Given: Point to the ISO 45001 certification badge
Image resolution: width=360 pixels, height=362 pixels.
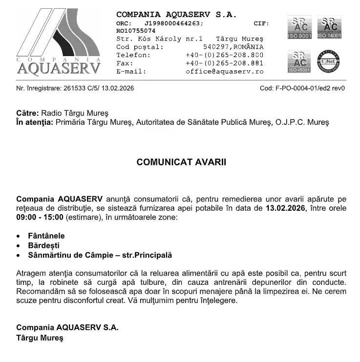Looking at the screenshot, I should coord(299,61).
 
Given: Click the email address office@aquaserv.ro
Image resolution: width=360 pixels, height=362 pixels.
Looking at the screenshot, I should coord(224,71).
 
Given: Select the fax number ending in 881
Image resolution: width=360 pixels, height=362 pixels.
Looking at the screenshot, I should coord(224,63).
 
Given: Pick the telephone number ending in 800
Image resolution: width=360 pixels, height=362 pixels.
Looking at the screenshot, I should coord(224,55).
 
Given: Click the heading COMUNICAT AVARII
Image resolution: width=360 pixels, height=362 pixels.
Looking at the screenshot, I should coord(181,162).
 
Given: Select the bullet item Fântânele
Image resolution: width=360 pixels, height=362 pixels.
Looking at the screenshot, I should coord(46,236).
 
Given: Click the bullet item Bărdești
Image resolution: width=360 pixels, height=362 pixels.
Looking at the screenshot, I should coord(43,245).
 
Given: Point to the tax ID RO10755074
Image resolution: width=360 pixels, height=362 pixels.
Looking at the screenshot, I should coord(136,31).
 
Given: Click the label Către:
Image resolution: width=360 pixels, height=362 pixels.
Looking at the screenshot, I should coord(27,113).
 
